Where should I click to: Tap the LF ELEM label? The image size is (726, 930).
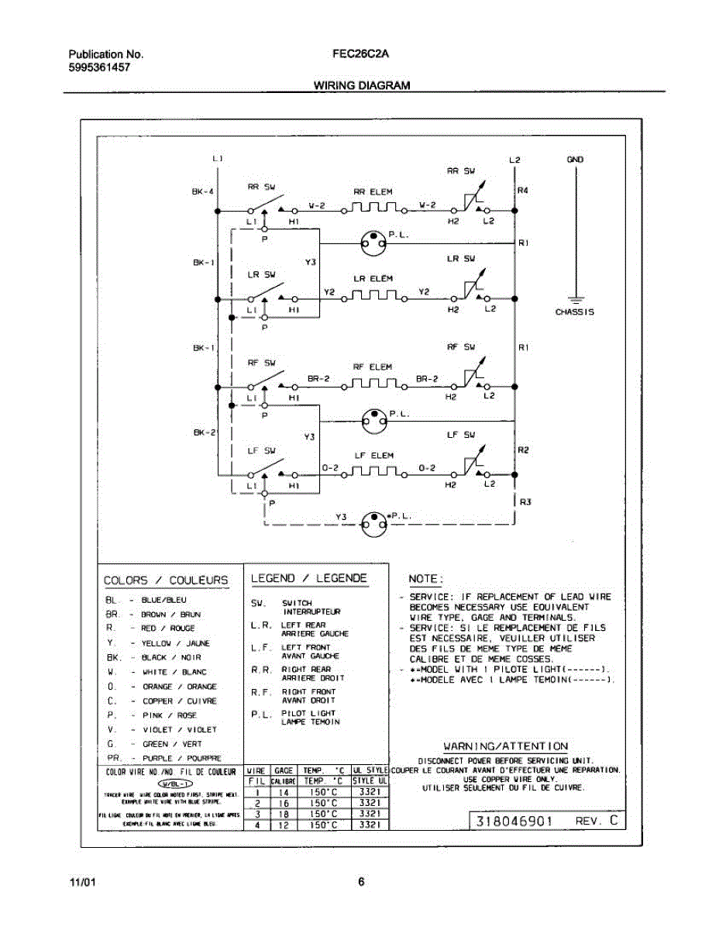(x=374, y=456)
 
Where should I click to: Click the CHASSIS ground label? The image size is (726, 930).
(x=575, y=312)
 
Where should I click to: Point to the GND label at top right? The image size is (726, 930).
(x=575, y=160)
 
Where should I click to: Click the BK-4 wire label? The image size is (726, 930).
(x=203, y=191)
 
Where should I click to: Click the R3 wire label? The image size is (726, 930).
(x=525, y=501)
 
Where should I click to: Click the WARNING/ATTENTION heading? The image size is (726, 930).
(x=505, y=746)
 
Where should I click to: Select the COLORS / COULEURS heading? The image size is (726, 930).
(x=167, y=580)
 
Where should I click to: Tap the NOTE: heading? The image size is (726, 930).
(x=425, y=579)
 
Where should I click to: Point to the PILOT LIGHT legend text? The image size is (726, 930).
(x=308, y=713)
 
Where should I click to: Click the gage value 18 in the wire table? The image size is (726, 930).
(x=284, y=815)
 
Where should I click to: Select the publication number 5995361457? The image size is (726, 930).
(x=99, y=67)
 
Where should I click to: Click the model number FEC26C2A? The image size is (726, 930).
(x=360, y=54)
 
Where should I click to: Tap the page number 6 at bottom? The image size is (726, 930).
(x=361, y=881)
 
